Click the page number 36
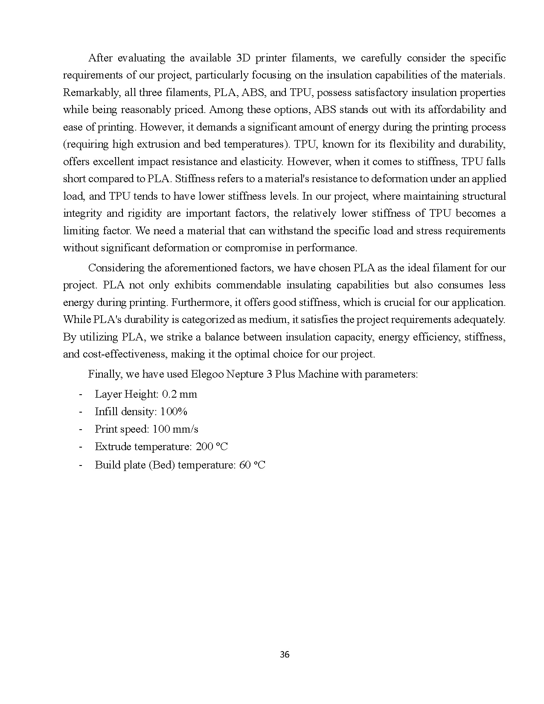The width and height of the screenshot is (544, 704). click(285, 655)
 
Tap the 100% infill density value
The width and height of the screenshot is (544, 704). click(174, 412)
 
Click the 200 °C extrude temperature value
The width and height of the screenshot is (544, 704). click(212, 447)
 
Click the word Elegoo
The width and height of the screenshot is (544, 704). click(207, 374)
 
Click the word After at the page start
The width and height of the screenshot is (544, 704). click(100, 58)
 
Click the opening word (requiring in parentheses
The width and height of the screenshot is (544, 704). click(86, 144)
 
